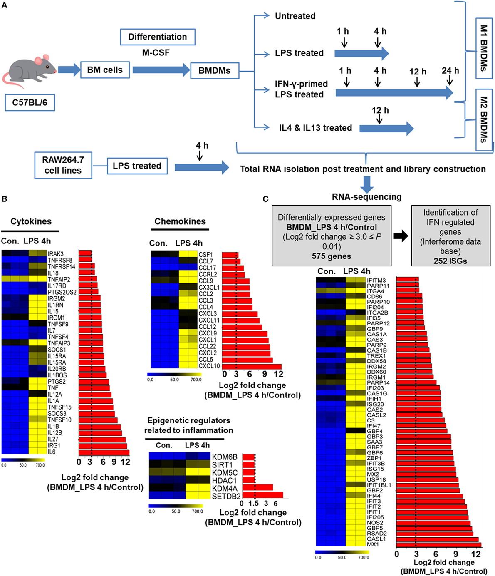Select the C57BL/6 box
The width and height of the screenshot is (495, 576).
pos(30,102)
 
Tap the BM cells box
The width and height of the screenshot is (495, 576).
pos(105,70)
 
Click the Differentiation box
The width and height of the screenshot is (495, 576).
pos(157,37)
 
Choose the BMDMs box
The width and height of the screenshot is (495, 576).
pos(214,70)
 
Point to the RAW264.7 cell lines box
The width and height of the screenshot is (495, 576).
pos(63,165)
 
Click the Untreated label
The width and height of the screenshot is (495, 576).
pos(295,16)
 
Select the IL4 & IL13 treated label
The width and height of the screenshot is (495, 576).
pos(315,128)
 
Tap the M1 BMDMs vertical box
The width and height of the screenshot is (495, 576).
pos(483,48)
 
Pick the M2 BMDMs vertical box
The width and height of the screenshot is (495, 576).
pos(483,119)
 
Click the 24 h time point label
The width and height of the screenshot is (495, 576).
pos(450,71)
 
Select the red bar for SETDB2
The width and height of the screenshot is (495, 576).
pos(262,495)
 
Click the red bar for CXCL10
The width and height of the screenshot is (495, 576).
pos(252,366)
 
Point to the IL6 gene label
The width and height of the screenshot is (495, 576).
pos(52,452)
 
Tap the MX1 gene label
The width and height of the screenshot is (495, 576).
pos(373,544)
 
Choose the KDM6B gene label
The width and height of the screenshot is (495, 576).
pos(225,457)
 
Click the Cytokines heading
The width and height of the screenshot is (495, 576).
pos(31,221)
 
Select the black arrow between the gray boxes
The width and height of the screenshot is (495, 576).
pos(401,236)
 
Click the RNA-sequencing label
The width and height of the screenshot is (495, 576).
pos(366,197)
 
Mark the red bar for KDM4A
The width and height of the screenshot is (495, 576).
pos(257,487)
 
